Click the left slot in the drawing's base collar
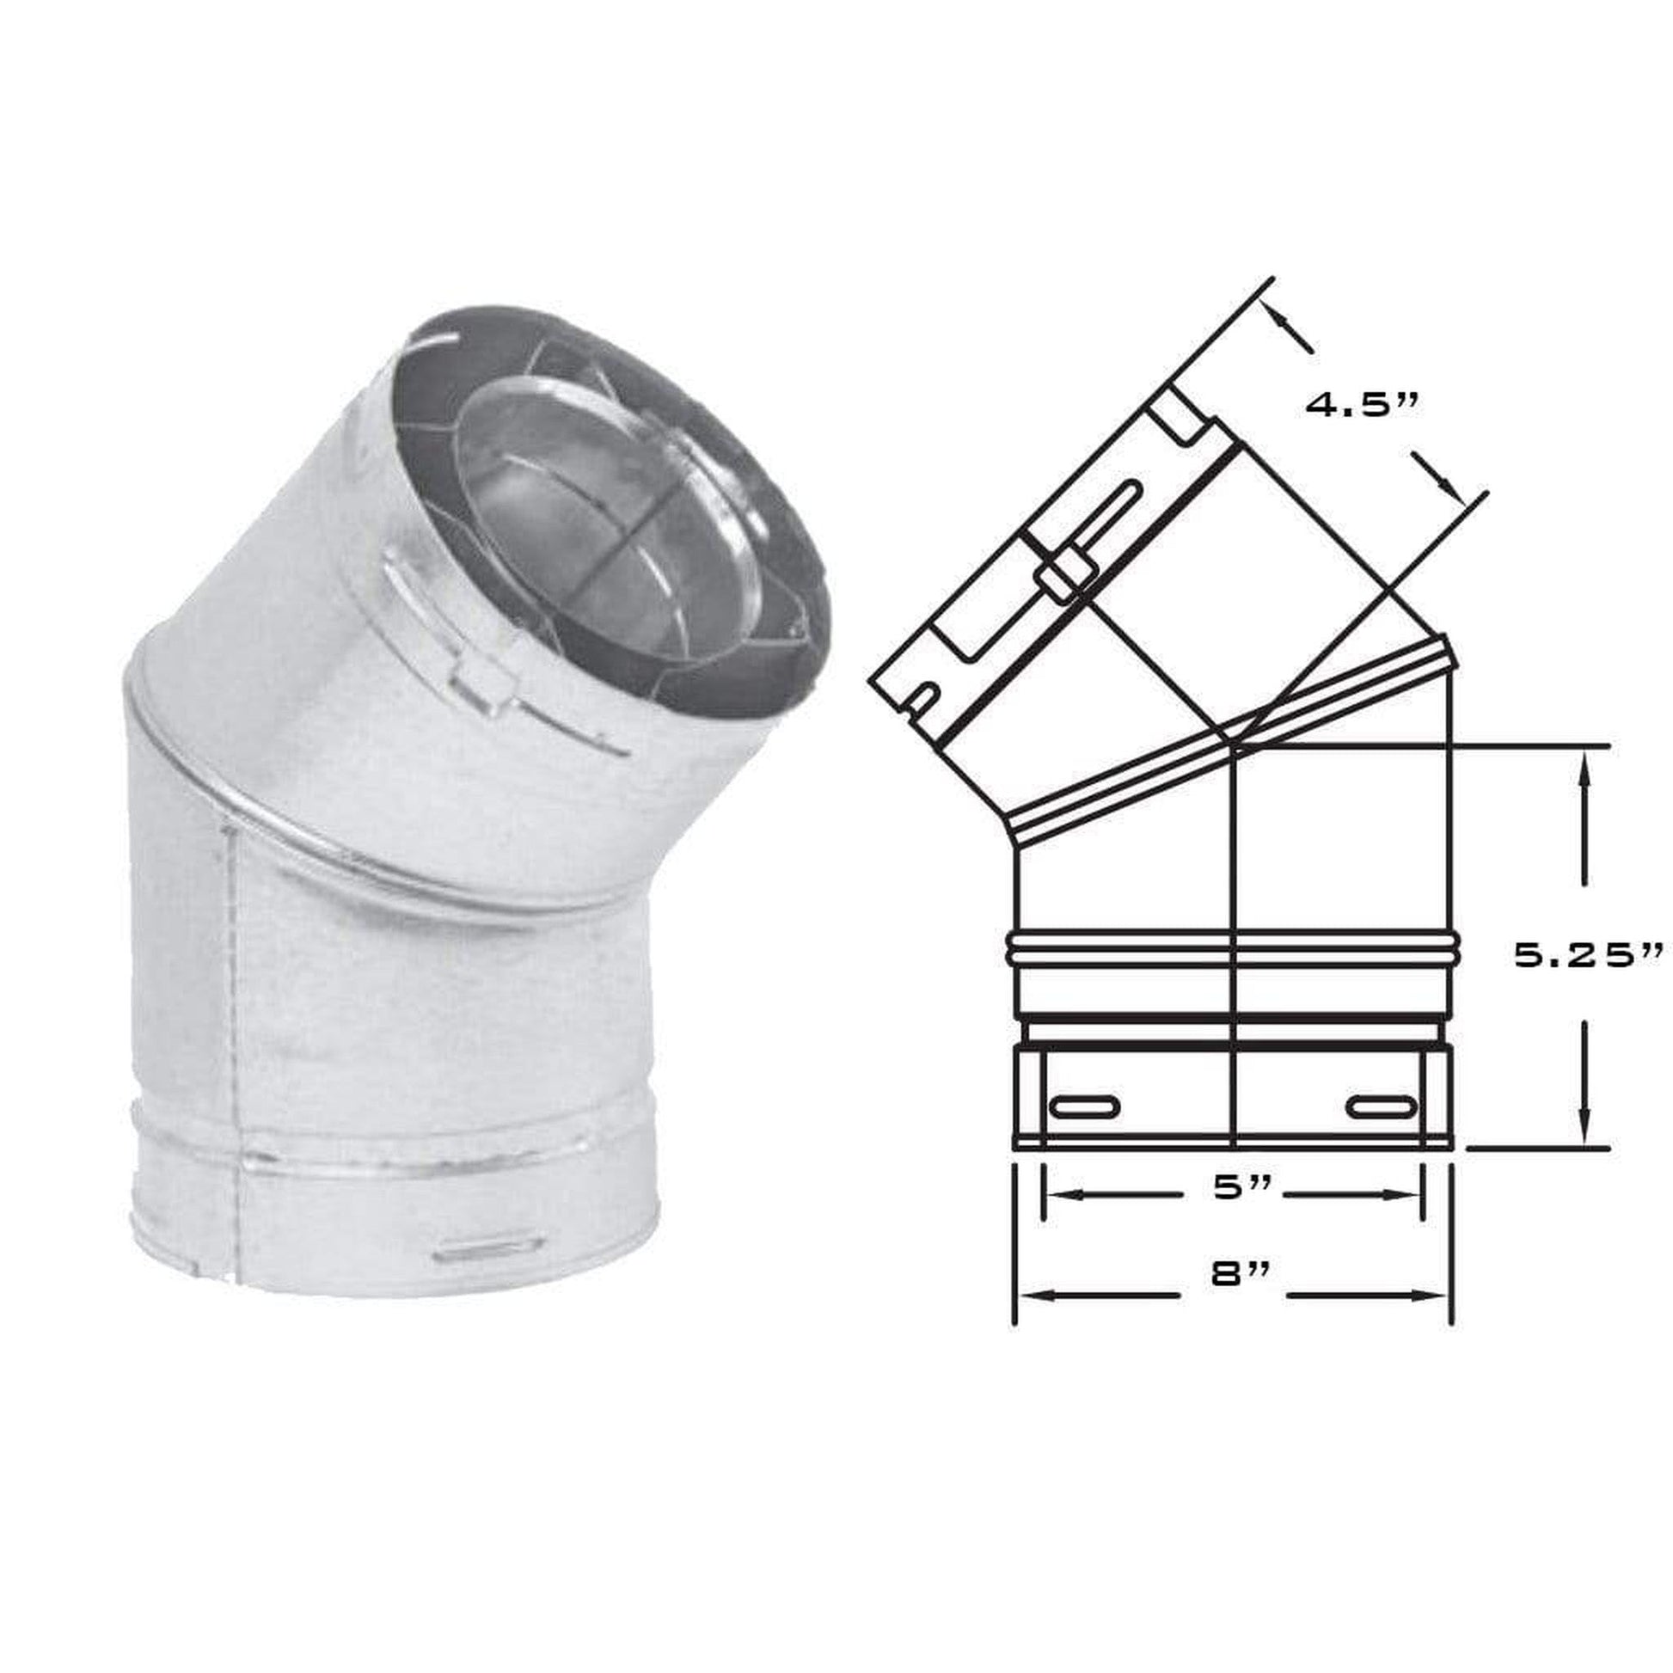tap(1085, 1106)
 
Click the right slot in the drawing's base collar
tap(1385, 1106)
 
